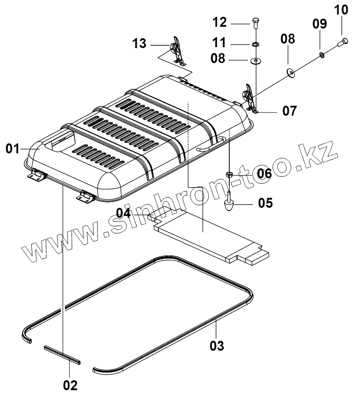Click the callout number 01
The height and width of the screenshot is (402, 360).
(13, 148)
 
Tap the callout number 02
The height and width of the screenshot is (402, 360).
(70, 385)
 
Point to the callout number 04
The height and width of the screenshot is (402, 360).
(124, 212)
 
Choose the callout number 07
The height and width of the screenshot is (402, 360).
(289, 110)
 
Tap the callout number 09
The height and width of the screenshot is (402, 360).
(319, 24)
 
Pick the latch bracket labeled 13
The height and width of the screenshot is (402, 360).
(177, 51)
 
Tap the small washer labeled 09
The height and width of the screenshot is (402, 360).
(322, 55)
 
